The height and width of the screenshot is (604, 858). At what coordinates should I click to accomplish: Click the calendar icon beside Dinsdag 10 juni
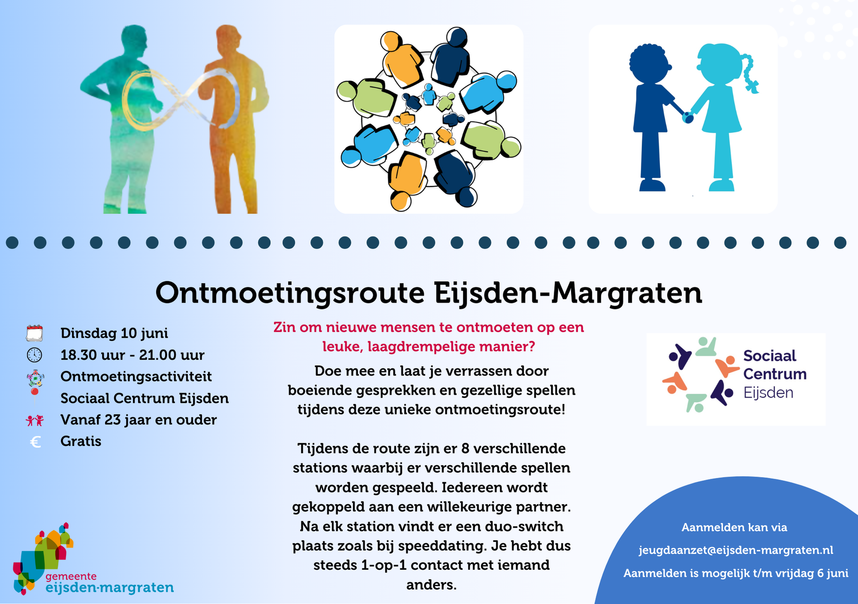pyautogui.click(x=34, y=333)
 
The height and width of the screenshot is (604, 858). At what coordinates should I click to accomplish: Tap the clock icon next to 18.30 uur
pyautogui.click(x=34, y=355)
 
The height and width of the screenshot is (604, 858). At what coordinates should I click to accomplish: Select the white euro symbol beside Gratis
pyautogui.click(x=36, y=442)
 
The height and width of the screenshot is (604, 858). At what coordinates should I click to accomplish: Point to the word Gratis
pyautogui.click(x=81, y=441)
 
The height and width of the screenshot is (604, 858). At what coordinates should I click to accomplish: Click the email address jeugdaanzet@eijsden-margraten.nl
pyautogui.click(x=736, y=550)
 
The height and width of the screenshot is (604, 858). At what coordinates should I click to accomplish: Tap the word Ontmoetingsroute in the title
pyautogui.click(x=290, y=293)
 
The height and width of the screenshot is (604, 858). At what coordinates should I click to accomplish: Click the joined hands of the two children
pyautogui.click(x=688, y=117)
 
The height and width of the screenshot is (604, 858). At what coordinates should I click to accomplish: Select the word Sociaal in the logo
pyautogui.click(x=770, y=356)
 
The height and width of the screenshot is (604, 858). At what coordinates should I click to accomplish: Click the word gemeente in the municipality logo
pyautogui.click(x=71, y=577)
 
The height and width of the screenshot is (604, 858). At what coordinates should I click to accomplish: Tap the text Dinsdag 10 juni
pyautogui.click(x=114, y=333)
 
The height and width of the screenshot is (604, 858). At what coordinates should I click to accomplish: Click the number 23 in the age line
pyautogui.click(x=112, y=420)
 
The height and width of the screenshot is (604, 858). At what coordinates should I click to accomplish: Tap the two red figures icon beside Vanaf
pyautogui.click(x=35, y=421)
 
